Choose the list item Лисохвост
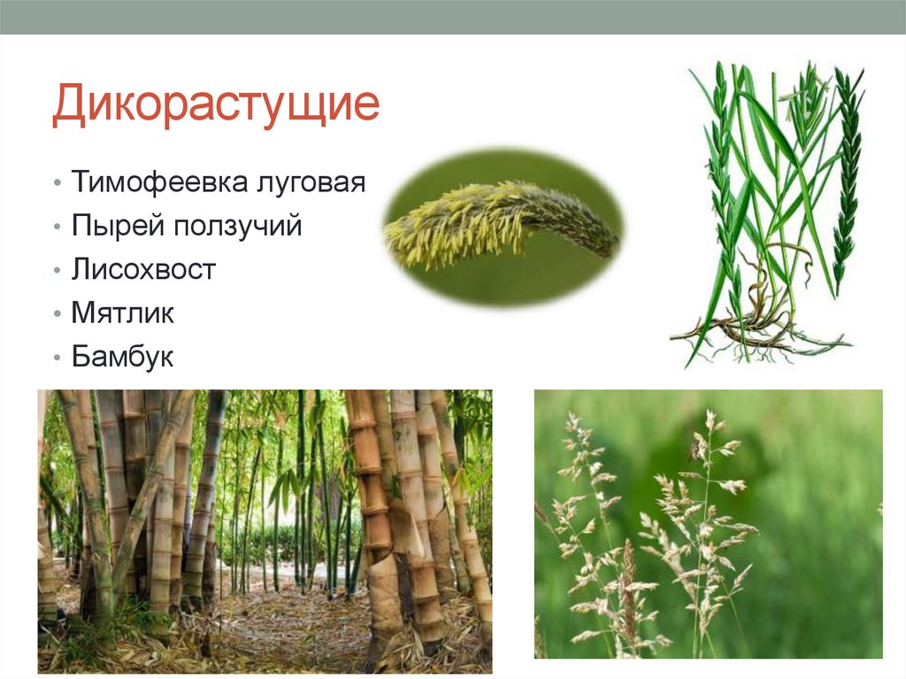point(143,270)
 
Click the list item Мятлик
point(123,313)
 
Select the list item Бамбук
point(123,357)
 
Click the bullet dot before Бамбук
point(57,358)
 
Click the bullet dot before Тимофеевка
point(57,184)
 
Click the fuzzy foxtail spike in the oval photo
point(500,221)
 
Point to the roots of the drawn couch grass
point(752,336)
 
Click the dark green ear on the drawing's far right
point(848,177)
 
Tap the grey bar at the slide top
point(453,17)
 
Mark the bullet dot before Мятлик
point(57,314)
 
